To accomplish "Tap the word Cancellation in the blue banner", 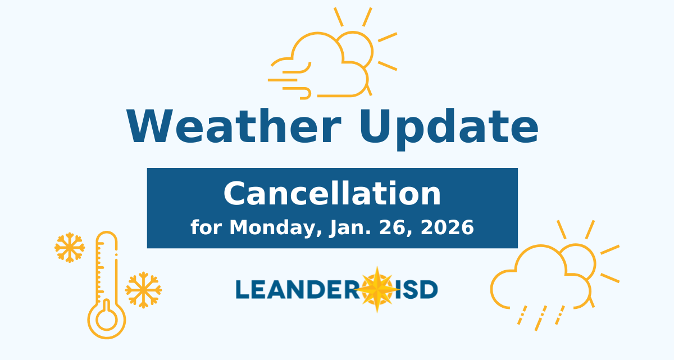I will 332,194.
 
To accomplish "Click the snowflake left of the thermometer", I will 70,247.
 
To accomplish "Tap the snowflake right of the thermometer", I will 143,290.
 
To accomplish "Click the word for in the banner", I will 207,227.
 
